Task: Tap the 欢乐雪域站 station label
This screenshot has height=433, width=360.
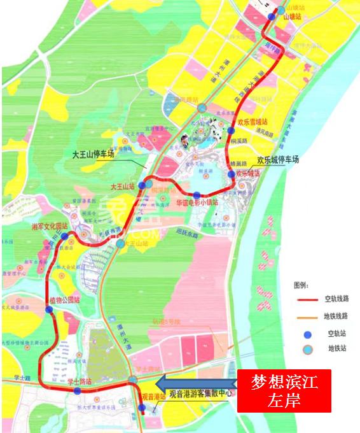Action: (252, 121)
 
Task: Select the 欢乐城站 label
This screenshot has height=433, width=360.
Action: (247, 173)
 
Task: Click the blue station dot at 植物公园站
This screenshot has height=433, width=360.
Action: (50, 309)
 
